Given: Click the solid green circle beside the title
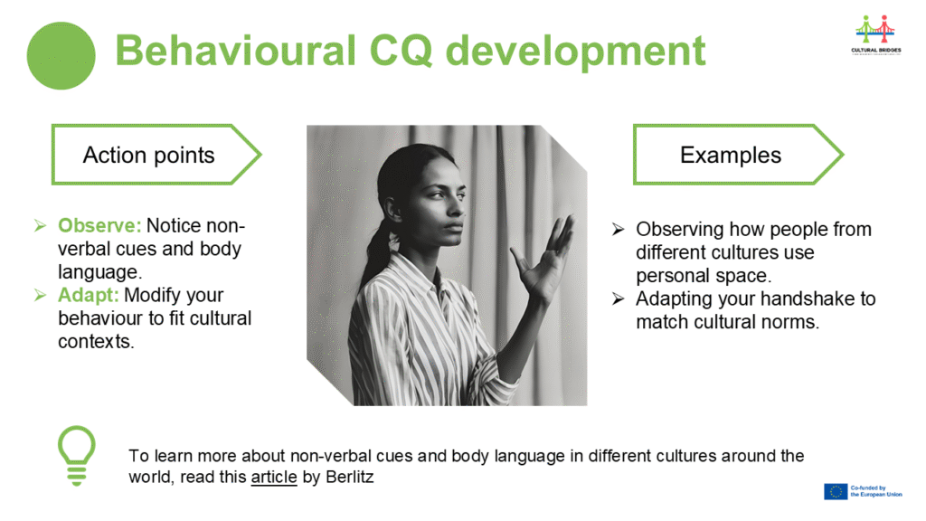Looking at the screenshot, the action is pyautogui.click(x=61, y=55).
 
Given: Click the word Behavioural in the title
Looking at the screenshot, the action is pyautogui.click(x=235, y=51).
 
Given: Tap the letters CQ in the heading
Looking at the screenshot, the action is pyautogui.click(x=401, y=52).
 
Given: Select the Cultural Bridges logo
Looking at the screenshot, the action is pyautogui.click(x=875, y=34).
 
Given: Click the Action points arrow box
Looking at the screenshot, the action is pyautogui.click(x=156, y=155).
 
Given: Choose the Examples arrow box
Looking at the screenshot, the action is pyautogui.click(x=738, y=155).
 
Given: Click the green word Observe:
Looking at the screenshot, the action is pyautogui.click(x=99, y=225).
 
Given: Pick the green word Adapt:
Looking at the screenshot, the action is pyautogui.click(x=88, y=295).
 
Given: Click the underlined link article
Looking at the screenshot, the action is pyautogui.click(x=274, y=477).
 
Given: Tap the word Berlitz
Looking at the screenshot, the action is pyautogui.click(x=350, y=477).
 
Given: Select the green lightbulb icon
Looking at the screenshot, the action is pyautogui.click(x=76, y=456).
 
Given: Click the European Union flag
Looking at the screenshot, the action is pyautogui.click(x=836, y=491).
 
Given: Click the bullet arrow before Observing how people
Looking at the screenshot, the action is pyautogui.click(x=618, y=229).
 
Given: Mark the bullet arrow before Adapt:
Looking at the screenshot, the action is pyautogui.click(x=40, y=295).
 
